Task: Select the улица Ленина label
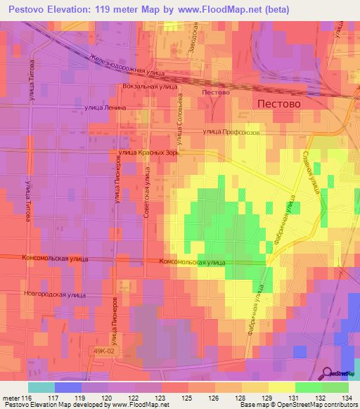[105, 108]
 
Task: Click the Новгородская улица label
[54, 293]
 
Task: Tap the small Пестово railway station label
[215, 92]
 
